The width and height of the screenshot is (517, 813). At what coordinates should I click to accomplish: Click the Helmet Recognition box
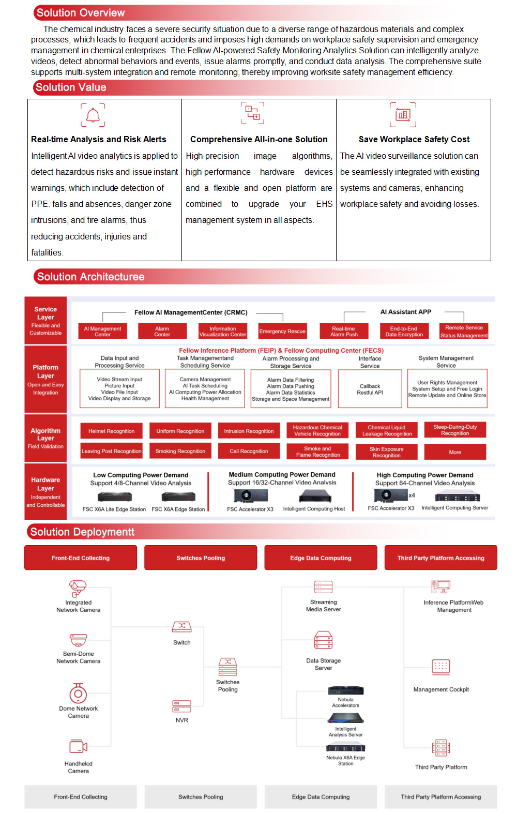coord(111,431)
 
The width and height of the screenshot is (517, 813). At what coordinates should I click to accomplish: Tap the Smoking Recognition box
coord(180,451)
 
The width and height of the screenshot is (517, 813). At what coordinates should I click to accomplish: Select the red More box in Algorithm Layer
coord(455,452)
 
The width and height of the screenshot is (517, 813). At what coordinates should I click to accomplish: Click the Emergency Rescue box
coord(282,331)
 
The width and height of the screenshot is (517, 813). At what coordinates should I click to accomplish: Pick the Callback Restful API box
coord(370,389)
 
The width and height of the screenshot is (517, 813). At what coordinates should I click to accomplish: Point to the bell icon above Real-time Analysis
coord(93,115)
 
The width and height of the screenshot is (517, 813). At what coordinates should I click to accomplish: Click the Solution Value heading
coord(71,87)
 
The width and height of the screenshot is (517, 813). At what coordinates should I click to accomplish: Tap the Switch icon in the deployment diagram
coord(181,627)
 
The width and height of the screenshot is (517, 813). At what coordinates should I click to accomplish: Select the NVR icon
coord(181,706)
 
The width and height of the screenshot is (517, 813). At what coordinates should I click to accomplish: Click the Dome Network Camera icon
coord(78,693)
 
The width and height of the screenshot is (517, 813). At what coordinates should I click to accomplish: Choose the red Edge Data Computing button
coord(321,558)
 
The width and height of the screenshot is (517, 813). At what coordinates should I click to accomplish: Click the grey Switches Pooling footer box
coord(201,797)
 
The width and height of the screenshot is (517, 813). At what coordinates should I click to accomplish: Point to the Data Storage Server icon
coord(324,640)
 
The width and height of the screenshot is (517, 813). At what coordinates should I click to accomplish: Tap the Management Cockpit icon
coord(441,667)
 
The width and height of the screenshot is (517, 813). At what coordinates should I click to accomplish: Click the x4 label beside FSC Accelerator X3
coord(412,495)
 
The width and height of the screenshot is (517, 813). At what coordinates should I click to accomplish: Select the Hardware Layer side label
coord(45,491)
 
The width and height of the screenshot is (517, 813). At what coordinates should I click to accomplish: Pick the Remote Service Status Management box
coord(464,331)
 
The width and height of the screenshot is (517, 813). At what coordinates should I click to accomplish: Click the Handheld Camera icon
coord(78,747)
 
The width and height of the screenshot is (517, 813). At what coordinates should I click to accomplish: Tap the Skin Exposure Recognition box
coord(387,452)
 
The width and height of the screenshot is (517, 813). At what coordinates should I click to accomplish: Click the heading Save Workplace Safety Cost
coord(414,139)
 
